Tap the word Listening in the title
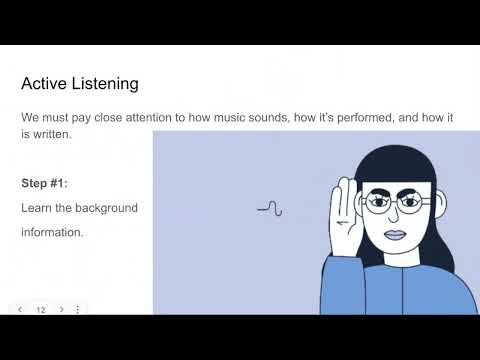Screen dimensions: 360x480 (105, 84)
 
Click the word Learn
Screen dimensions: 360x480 (36, 208)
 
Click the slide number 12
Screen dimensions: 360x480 (41, 310)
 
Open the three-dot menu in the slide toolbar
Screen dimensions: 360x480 (78, 310)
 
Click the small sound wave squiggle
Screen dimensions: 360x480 (270, 209)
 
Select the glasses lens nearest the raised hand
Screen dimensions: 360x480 (378, 202)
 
